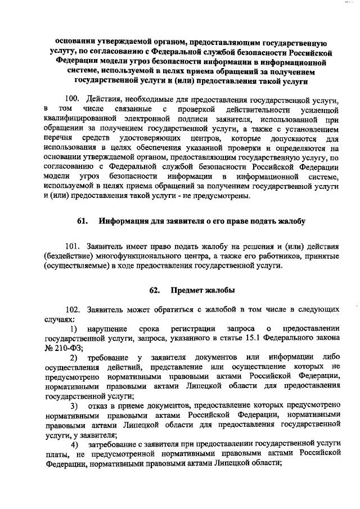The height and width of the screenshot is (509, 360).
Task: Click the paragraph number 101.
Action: tap(74, 246)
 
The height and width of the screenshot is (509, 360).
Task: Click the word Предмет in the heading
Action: tap(188, 290)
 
